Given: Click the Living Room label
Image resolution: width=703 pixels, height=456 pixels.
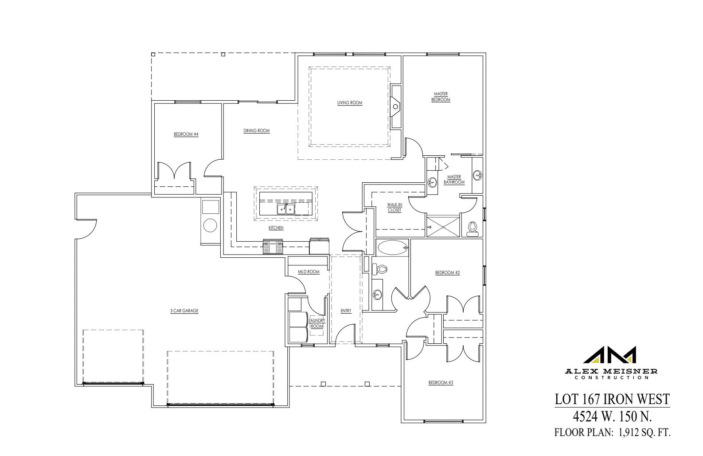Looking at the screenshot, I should (350, 103).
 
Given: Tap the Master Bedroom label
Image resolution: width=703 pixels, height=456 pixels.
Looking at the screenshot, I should (441, 97).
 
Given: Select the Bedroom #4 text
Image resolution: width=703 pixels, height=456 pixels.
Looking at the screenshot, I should (186, 134).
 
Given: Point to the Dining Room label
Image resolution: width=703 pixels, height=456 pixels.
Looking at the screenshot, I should (256, 131).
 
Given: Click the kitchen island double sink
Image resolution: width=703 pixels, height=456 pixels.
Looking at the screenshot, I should (286, 209).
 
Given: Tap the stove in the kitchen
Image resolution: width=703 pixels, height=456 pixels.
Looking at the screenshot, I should (273, 247).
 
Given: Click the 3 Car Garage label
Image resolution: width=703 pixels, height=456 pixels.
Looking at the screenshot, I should (184, 311).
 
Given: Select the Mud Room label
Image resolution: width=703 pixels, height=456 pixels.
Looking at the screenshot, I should (309, 272).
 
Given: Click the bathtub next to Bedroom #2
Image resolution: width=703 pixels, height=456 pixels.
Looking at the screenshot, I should (393, 247).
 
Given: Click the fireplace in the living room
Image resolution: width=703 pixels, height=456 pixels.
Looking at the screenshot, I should (395, 106).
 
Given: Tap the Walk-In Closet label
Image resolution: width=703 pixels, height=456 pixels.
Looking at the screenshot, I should (394, 207).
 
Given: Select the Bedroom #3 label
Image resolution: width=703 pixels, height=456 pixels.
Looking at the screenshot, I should (441, 382).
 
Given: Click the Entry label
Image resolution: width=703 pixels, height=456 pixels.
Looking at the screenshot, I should (346, 311).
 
